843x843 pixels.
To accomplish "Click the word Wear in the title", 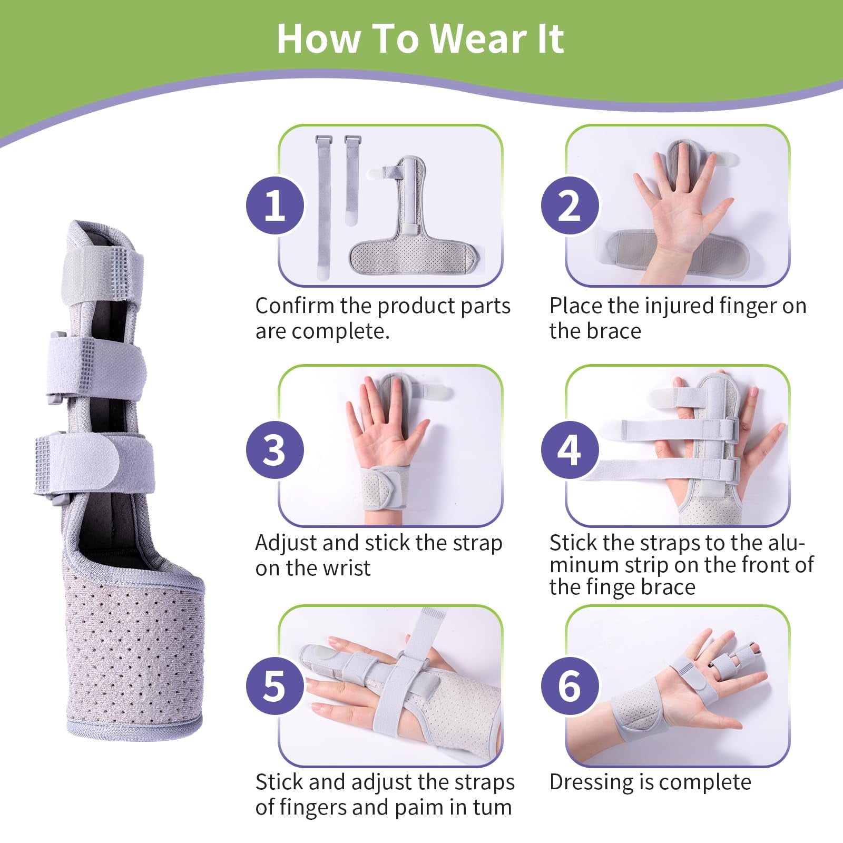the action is (478, 38).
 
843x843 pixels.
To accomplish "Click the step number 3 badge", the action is (275, 450).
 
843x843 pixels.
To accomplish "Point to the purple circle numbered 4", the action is (570, 450).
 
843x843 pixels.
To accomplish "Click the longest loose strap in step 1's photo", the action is (323, 208).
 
